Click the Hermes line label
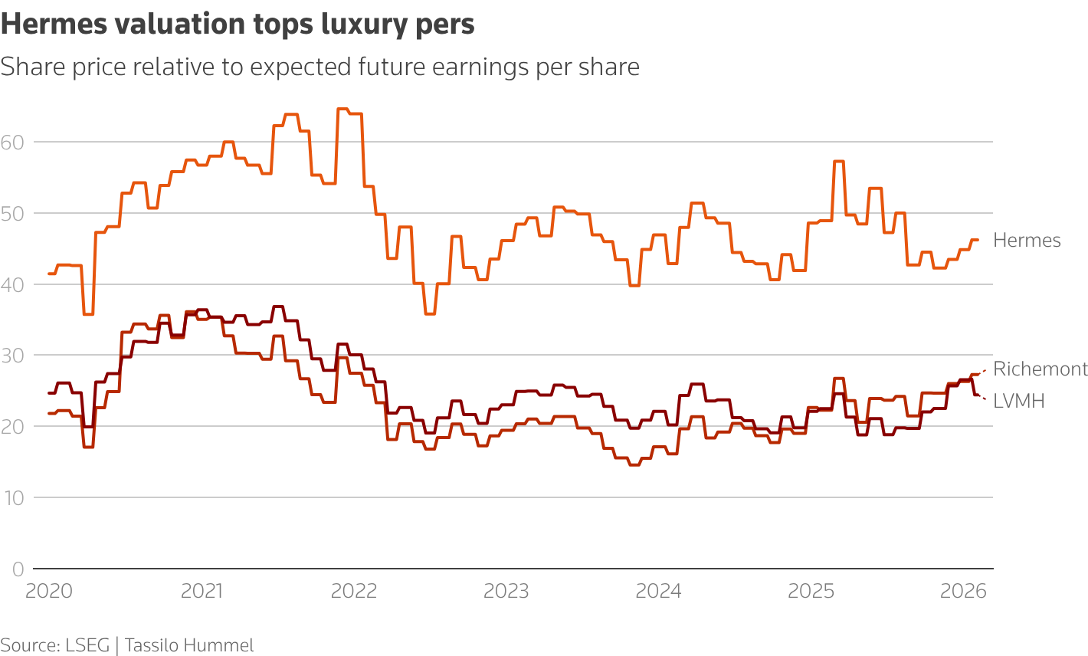point(1027,241)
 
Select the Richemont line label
point(1040,369)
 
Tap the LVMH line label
point(1018,401)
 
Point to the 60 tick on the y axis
point(12,142)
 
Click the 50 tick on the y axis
point(12,213)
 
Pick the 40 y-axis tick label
point(12,284)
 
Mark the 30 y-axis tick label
point(12,356)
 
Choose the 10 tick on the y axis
point(12,498)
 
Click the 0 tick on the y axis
point(18,569)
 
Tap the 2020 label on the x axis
point(49,592)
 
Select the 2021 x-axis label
point(202,592)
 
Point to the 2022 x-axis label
point(354,592)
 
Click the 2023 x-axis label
point(506,592)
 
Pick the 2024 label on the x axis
point(659,592)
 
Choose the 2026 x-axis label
point(963,592)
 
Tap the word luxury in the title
point(371,26)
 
